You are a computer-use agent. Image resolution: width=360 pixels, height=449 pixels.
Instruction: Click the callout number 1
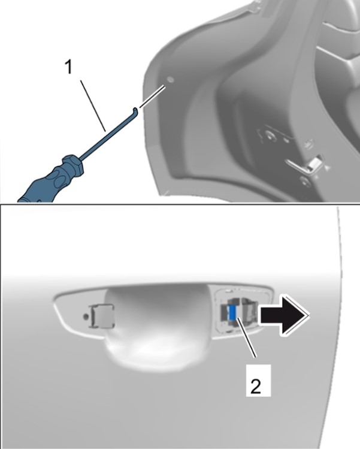click(x=69, y=68)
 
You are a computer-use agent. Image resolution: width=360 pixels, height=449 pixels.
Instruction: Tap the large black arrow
click(x=284, y=315)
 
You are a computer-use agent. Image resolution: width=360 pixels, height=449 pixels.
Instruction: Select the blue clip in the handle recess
click(x=233, y=312)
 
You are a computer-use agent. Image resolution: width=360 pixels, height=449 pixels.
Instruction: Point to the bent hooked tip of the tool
click(x=135, y=111)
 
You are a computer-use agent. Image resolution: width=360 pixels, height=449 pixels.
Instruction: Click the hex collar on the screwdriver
click(x=74, y=165)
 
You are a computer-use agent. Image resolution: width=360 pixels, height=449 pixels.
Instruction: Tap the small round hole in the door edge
click(x=170, y=79)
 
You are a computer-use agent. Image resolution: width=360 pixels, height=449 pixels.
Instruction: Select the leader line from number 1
click(x=93, y=106)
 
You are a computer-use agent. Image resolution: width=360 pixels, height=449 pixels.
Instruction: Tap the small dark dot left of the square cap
click(x=84, y=317)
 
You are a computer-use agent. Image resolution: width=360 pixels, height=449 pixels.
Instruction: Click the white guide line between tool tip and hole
click(x=153, y=96)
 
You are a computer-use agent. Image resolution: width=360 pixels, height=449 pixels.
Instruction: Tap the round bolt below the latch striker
click(x=305, y=181)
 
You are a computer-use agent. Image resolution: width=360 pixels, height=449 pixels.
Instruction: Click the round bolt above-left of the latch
click(x=270, y=135)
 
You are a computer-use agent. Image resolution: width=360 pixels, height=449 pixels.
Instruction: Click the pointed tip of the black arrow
click(x=309, y=315)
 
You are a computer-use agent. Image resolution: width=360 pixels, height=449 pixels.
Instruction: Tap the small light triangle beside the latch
click(x=326, y=167)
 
